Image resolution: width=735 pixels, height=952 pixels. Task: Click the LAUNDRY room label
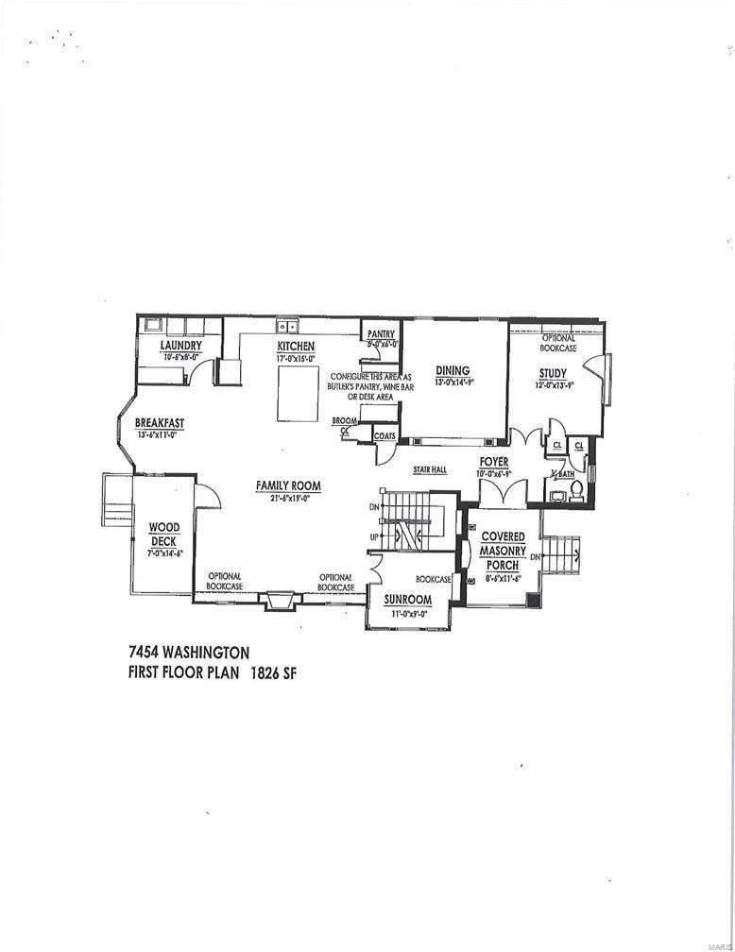(x=179, y=346)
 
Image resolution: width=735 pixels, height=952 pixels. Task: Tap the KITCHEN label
(x=295, y=347)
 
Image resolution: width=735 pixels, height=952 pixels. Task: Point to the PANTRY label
(x=381, y=333)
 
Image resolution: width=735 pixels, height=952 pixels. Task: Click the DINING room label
(x=453, y=370)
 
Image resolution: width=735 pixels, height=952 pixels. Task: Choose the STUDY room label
(x=553, y=373)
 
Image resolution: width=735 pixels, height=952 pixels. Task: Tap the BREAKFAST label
(x=159, y=423)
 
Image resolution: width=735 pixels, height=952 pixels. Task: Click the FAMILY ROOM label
(x=288, y=486)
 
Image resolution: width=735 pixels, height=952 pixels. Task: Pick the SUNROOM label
(x=408, y=600)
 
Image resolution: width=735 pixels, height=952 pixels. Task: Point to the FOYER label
(x=494, y=462)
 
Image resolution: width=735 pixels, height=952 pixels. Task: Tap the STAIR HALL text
(x=429, y=469)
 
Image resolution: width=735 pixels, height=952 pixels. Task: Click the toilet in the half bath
(x=575, y=490)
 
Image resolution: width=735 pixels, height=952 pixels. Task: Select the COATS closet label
(x=385, y=435)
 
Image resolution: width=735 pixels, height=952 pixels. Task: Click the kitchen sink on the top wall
(x=287, y=326)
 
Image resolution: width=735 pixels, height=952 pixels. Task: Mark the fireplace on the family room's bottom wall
(x=281, y=600)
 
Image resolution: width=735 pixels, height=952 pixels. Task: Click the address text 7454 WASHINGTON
(x=188, y=652)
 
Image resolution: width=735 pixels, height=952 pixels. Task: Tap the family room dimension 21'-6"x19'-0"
(x=288, y=498)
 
